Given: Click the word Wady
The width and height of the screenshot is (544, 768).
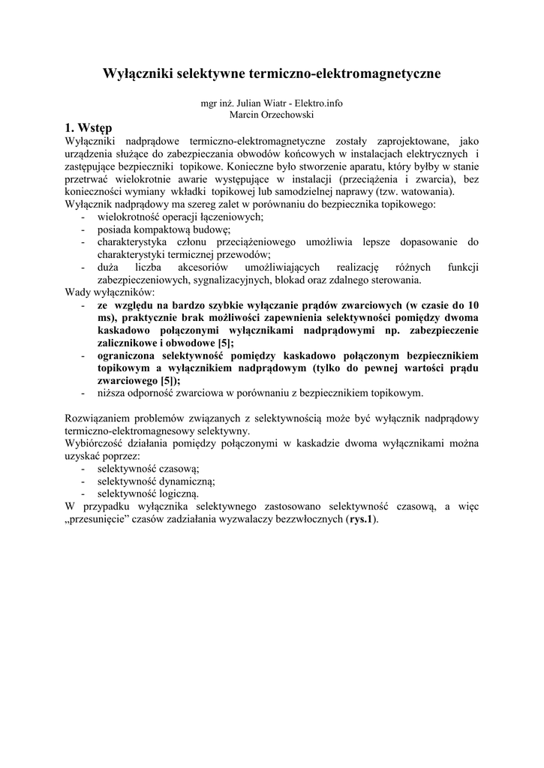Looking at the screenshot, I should (x=77, y=292).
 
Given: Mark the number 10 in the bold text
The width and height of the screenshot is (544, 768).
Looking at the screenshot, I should (x=473, y=305).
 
